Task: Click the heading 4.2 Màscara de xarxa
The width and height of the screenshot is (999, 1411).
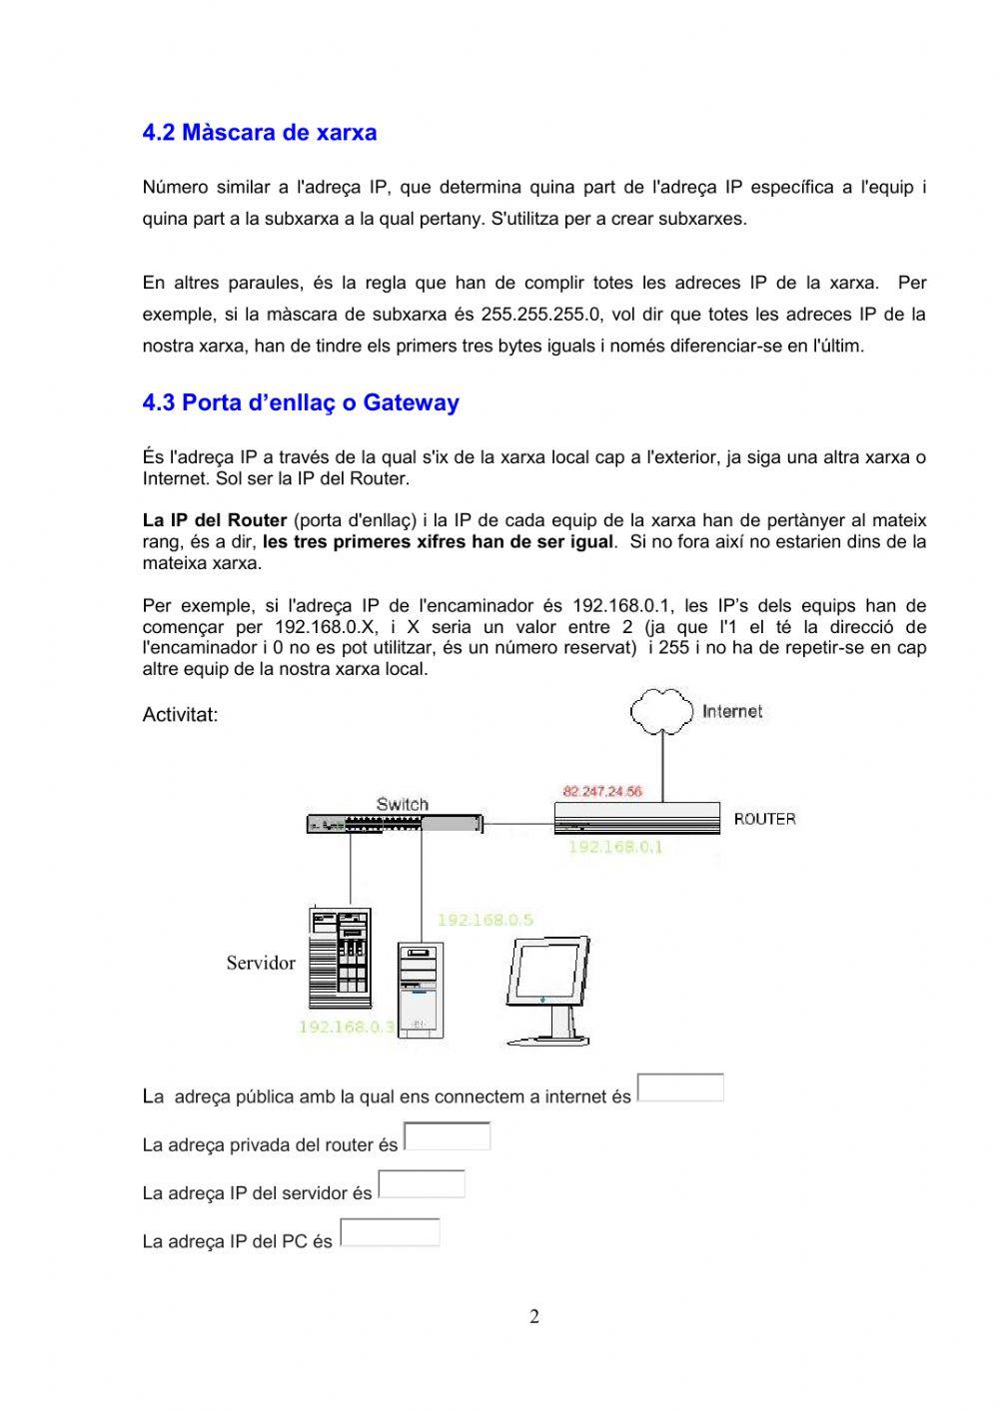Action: pos(260,133)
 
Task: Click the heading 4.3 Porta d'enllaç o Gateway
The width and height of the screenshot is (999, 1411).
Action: pos(301,403)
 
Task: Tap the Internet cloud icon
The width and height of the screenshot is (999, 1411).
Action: pos(660,710)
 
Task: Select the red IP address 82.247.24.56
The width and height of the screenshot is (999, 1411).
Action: pos(602,791)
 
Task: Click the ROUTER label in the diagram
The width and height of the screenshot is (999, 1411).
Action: pos(764,819)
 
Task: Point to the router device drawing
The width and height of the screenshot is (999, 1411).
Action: pos(636,818)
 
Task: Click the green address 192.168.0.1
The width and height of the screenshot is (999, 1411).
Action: pos(615,847)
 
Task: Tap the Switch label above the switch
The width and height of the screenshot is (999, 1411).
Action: pos(402,804)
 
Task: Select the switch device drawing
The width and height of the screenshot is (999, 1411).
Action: pos(394,824)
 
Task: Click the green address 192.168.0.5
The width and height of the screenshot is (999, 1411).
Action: pos(485,920)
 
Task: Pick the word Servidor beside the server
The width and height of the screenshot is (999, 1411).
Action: pos(261,963)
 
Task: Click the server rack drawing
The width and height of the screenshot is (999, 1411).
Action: pos(340,958)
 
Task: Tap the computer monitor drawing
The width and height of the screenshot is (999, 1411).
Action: pos(547,990)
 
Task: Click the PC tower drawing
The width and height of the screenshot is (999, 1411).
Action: pos(420,989)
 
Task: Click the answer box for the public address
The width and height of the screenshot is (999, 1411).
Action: pos(680,1087)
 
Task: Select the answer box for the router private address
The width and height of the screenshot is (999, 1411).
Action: pos(447,1136)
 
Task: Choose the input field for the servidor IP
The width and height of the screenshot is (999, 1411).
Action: pos(422,1184)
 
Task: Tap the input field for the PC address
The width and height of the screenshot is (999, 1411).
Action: pos(390,1232)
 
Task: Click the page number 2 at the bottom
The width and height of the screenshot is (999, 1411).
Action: pos(534,1316)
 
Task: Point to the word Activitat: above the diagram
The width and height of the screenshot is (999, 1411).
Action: pos(180,715)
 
